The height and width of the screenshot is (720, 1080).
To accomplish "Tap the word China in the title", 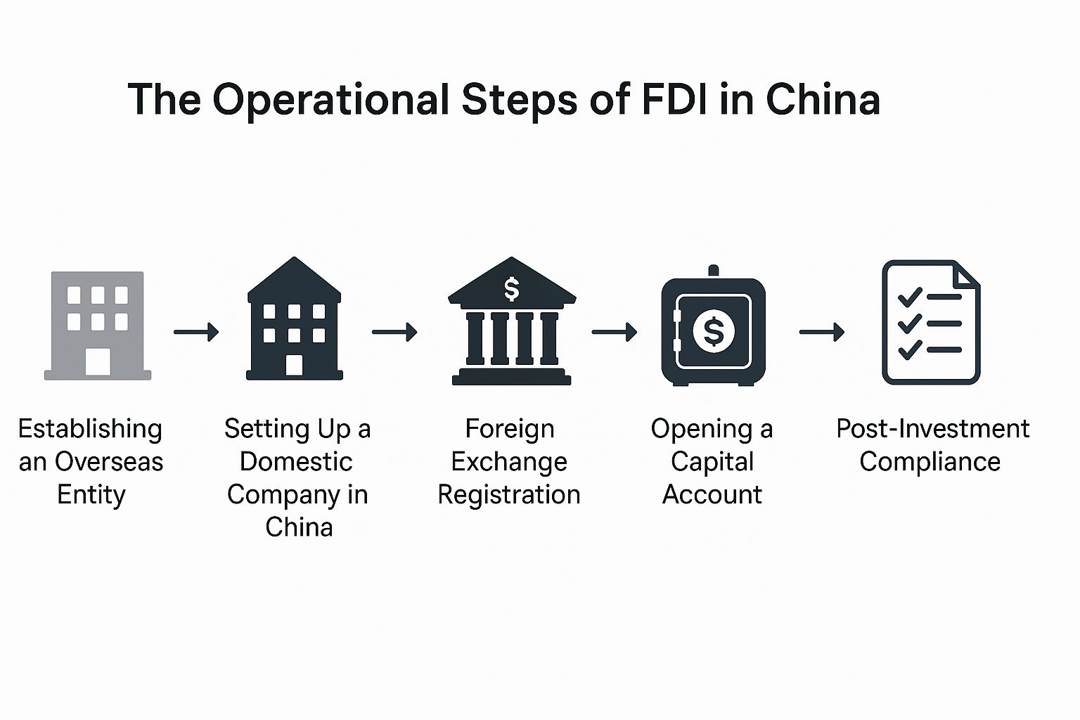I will (823, 99).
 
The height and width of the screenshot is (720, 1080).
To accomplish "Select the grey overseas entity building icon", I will (98, 326).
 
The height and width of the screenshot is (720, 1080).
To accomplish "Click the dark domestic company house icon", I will (295, 320).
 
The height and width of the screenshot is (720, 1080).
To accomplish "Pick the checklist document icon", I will (930, 323).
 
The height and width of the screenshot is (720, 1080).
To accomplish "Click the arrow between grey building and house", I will (196, 331).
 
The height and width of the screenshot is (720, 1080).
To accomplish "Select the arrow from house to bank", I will (394, 331).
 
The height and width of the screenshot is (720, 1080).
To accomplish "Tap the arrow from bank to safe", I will (615, 331).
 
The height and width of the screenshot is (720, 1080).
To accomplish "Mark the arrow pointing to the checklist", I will (822, 331).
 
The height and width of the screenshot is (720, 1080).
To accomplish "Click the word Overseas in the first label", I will (119, 462).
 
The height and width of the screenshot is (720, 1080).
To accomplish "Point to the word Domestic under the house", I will (296, 462).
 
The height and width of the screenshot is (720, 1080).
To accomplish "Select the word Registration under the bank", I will (509, 495).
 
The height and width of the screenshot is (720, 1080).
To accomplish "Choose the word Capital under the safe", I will (712, 462).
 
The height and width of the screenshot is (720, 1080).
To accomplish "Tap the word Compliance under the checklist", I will (930, 462).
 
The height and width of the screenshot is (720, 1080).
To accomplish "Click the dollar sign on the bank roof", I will (512, 288).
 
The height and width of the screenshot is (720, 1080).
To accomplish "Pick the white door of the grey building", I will (98, 361).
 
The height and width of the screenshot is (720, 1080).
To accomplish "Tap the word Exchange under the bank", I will (509, 462).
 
